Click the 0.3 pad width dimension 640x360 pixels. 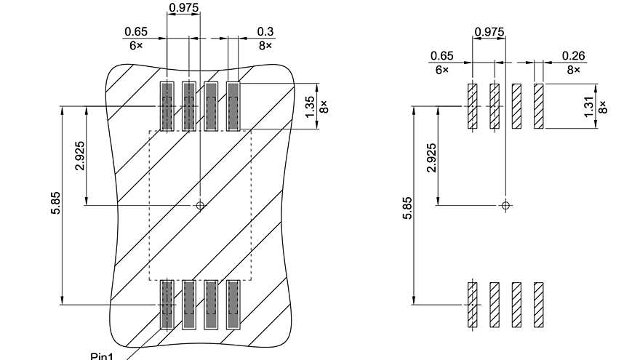265,32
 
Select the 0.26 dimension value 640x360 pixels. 573,56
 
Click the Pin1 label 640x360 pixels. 102,356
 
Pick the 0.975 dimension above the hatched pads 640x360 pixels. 489,32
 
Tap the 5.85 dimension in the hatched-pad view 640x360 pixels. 407,207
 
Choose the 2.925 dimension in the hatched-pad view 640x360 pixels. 431,157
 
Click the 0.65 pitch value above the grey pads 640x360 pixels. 136,32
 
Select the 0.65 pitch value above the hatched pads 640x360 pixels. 441,56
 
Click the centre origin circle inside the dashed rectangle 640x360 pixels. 201,205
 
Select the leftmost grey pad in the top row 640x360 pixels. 167,105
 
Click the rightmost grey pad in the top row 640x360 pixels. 233,105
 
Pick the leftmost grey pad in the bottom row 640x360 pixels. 167,304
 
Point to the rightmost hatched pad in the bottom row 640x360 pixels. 538,304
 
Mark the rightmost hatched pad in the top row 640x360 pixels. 538,106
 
